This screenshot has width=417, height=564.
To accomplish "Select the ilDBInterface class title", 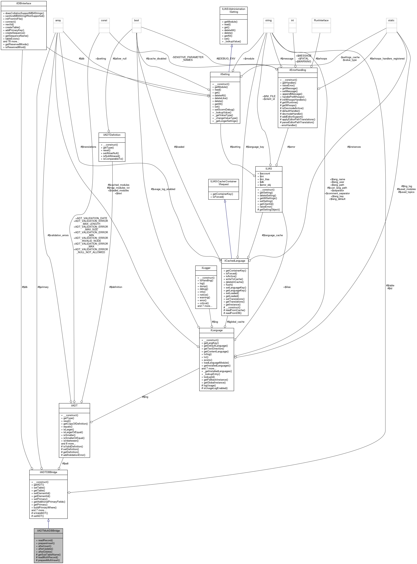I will pos(24,3).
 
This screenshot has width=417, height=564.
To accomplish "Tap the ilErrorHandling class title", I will pos(297,70).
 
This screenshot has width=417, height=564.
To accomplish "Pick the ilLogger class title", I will pos(206,268).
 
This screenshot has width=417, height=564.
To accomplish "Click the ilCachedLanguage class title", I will pos(235,260).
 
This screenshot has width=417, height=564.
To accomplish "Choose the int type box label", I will pos(292,20).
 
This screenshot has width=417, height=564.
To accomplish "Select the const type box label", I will pos(104,20).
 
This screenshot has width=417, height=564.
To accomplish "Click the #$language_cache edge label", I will pos(272,235).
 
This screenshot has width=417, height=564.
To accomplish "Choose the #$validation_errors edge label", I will pos(58,235).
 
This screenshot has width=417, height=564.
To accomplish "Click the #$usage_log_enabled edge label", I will pos(163,189).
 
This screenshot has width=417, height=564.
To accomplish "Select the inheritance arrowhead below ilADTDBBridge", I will pos(48,520).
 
